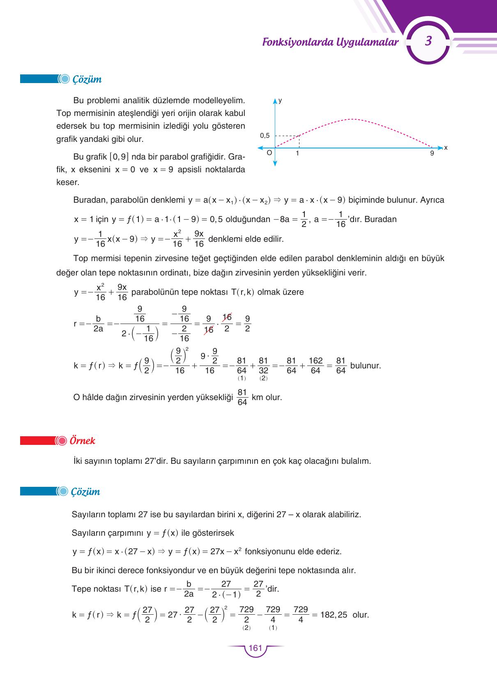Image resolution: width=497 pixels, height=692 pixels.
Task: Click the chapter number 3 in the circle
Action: pos(428,41)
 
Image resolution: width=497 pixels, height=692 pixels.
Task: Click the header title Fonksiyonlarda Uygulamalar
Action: pos(330,42)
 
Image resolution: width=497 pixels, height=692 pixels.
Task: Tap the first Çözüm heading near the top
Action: pos(87,79)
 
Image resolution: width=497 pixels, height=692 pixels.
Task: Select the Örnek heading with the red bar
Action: pos(82,441)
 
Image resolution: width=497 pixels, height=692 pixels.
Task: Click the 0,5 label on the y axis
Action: pos(265,136)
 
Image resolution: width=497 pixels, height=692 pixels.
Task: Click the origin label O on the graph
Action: pos(269,153)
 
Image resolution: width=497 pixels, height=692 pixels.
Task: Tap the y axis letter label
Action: pos(280,100)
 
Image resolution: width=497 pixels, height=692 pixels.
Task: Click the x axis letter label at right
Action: pos(446,148)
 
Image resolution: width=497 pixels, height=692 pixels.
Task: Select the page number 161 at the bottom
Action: pos(255,648)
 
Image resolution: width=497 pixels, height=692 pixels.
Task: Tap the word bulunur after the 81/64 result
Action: pos(365,366)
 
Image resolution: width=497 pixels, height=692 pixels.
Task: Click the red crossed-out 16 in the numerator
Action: pos(227,317)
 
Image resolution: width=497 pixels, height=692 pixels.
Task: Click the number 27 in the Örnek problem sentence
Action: pos(149,461)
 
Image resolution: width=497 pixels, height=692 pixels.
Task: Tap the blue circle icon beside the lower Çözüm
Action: pos(62,491)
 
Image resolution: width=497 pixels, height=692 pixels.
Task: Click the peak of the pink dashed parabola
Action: pos(352,119)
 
